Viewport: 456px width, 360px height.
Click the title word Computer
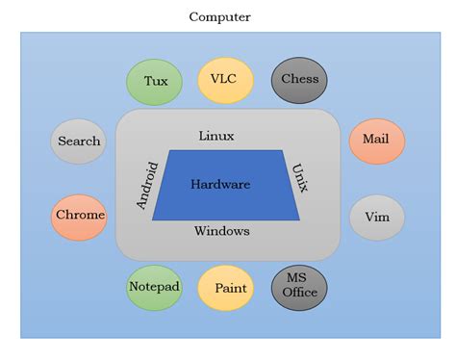coord(219,16)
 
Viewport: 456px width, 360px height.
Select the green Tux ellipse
coord(155,81)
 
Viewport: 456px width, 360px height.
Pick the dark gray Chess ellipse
coord(299,81)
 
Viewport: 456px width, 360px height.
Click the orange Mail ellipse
coord(376,141)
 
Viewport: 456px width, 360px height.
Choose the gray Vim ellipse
coord(376,217)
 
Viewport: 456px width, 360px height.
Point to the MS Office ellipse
coord(299,287)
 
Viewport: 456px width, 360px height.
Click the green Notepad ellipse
coord(155,287)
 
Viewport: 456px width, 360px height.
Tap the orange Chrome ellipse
coord(79,216)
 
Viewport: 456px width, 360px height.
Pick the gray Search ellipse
coord(79,141)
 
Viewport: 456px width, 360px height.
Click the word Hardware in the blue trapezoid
coord(220,185)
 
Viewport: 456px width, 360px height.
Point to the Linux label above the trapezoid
coord(216,137)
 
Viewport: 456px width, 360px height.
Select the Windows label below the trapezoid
coord(222,231)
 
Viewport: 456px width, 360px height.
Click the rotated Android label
coord(147,184)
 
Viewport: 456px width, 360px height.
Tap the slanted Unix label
coord(298,178)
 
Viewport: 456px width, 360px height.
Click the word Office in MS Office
coord(299,293)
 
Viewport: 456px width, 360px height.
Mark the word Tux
coord(156,81)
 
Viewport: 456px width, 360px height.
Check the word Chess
coord(299,80)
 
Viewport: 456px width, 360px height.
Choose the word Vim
coord(376,217)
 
